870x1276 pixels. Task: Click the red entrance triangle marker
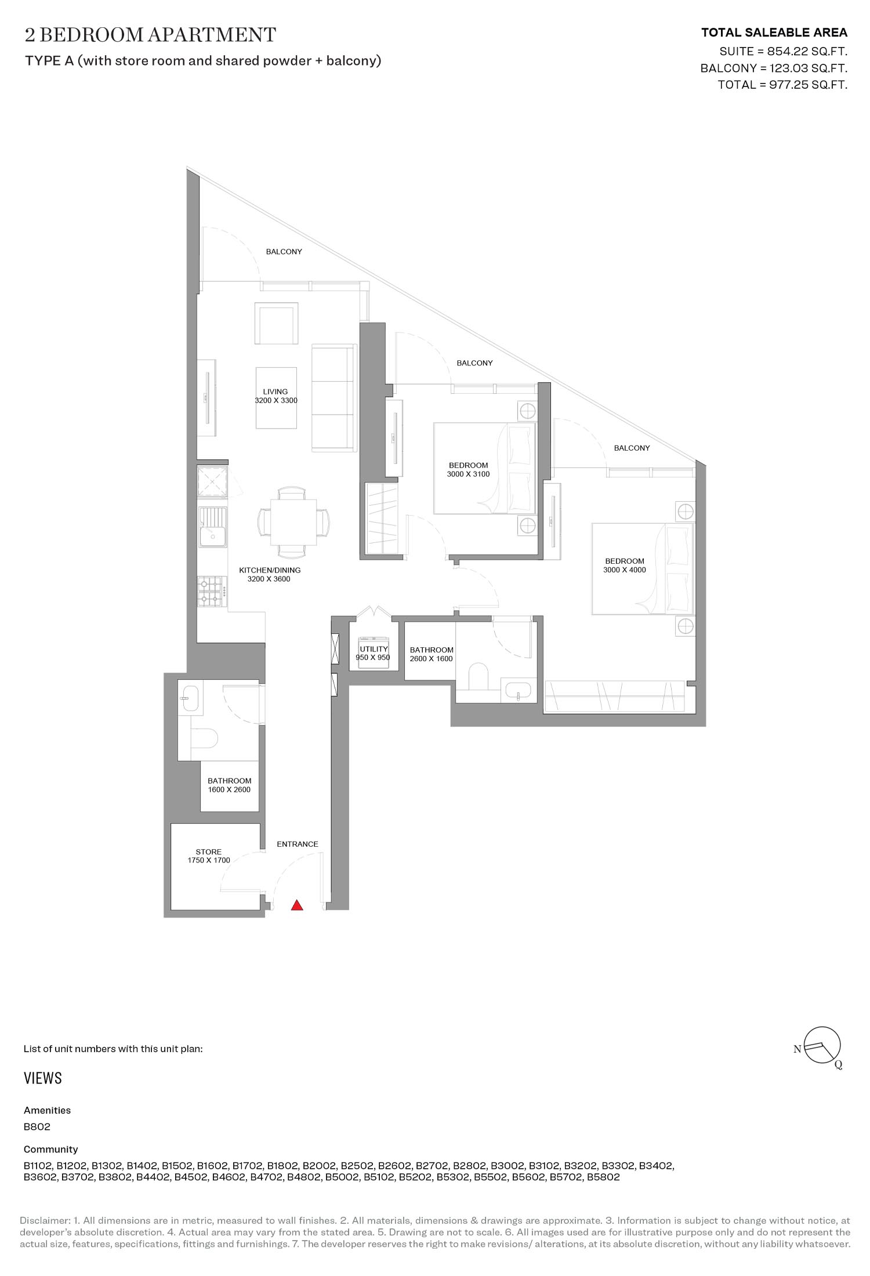297,905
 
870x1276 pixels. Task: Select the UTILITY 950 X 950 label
373,654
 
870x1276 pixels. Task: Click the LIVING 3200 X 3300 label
275,396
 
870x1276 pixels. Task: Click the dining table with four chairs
293,522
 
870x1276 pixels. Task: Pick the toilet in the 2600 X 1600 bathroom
478,676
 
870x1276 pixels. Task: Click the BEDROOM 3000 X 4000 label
625,565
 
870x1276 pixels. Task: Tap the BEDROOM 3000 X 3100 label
468,469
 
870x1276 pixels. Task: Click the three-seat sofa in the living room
333,398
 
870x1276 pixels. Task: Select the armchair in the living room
277,323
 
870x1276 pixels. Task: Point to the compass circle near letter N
823,1045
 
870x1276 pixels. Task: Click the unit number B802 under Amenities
37,1127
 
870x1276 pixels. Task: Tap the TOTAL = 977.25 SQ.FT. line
782,85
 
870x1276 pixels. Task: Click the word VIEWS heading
43,1078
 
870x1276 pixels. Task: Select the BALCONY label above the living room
284,252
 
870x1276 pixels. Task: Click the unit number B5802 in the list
603,1177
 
